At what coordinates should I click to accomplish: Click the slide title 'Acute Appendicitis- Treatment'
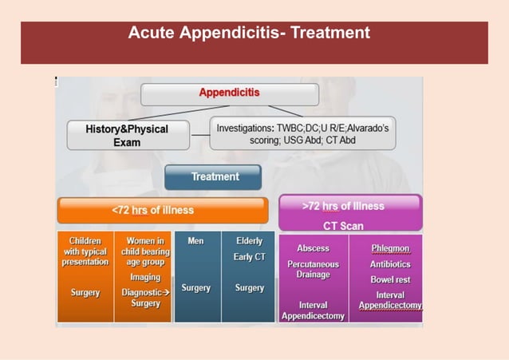(x=249, y=34)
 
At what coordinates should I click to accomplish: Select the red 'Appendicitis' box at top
(x=229, y=93)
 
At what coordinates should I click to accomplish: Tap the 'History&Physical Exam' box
(x=128, y=135)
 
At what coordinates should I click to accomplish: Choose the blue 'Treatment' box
(x=213, y=176)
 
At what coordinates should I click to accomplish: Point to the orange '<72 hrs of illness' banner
(x=162, y=210)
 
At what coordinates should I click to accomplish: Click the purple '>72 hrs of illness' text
(x=343, y=206)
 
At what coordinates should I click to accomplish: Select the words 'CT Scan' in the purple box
(x=343, y=226)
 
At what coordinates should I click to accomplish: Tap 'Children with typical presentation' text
(x=85, y=251)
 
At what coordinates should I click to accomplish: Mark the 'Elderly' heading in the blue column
(x=250, y=240)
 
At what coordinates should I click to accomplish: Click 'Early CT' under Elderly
(x=250, y=257)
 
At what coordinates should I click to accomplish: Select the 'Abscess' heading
(x=313, y=248)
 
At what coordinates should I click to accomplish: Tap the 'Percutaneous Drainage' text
(x=313, y=270)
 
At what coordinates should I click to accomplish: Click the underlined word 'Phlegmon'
(x=390, y=248)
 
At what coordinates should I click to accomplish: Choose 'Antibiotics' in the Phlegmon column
(x=390, y=264)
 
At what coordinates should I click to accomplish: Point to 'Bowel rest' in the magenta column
(x=390, y=280)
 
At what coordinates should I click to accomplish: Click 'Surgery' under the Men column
(x=195, y=288)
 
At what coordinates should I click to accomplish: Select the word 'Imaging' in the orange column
(x=145, y=277)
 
